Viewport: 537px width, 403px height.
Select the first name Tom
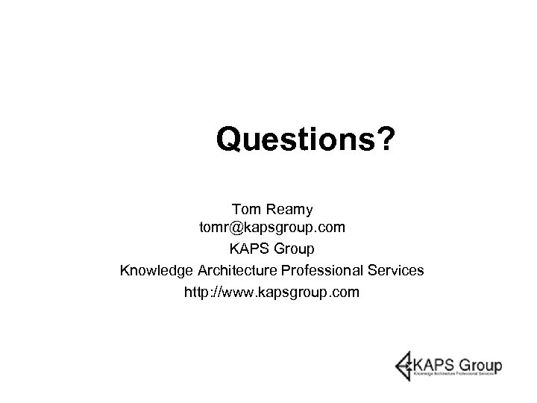[246, 205]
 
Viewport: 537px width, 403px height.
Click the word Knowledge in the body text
[156, 269]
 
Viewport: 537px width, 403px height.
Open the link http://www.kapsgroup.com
[271, 291]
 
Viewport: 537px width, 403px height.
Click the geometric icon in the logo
[405, 366]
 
